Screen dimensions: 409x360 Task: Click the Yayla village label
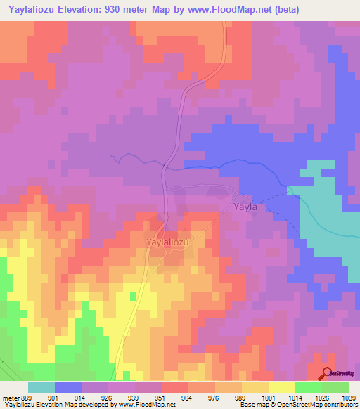click(x=245, y=208)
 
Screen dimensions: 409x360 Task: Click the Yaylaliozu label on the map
click(x=169, y=241)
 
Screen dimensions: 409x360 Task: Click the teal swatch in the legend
click(x=41, y=387)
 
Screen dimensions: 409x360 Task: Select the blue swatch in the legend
click(x=68, y=387)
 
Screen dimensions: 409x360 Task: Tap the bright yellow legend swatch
click(x=281, y=387)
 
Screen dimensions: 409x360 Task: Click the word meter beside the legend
click(x=10, y=396)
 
